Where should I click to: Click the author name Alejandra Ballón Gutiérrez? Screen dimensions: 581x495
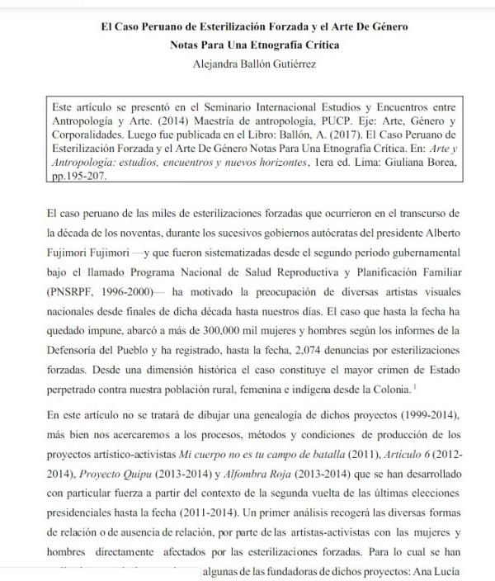247,64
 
